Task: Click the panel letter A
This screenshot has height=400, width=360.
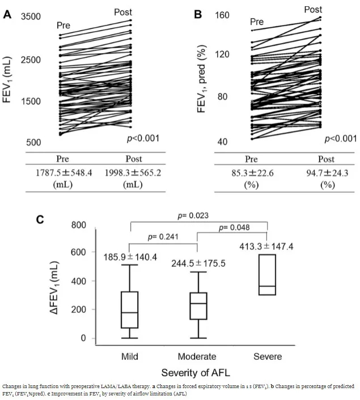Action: [x=7, y=15]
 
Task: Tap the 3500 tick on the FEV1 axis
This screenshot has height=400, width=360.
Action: [x=31, y=17]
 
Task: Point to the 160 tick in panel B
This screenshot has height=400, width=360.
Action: [x=222, y=15]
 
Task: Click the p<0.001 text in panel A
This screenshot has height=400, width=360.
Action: [x=142, y=138]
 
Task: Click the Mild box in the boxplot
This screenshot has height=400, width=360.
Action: [x=130, y=309]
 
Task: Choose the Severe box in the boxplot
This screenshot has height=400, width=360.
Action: [x=266, y=275]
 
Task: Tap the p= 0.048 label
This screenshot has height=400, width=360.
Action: [x=234, y=227]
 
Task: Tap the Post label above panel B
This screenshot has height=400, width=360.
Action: [x=313, y=9]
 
